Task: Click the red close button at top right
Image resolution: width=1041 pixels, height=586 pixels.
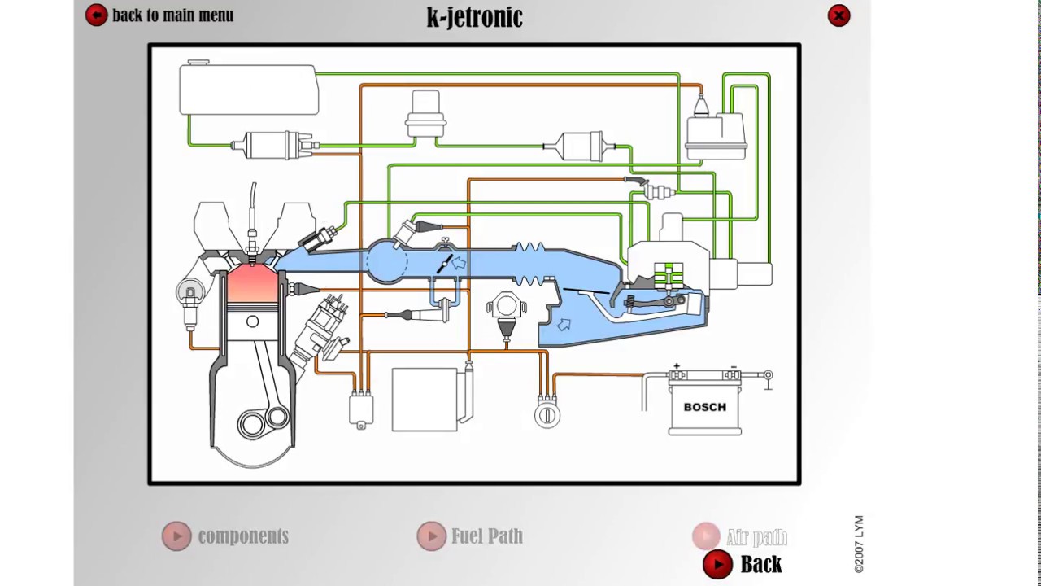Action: [x=838, y=15]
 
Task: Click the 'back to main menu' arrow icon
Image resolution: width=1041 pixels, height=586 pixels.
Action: [x=96, y=15]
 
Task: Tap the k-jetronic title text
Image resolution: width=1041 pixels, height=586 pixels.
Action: [x=474, y=16]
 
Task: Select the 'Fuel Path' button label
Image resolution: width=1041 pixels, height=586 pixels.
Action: [x=486, y=536]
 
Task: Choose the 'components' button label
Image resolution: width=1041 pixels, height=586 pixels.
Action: [x=242, y=536]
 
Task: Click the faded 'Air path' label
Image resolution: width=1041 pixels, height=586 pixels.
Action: [x=756, y=537]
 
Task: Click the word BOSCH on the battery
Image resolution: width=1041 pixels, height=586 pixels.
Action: [x=704, y=407]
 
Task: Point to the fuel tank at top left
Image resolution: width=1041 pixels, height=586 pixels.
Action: [x=248, y=90]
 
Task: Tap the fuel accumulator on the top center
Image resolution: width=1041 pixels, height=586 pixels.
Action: [x=425, y=114]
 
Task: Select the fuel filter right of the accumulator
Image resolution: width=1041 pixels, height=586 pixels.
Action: [x=579, y=146]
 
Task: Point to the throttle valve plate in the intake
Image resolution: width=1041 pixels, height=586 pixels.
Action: [x=445, y=264]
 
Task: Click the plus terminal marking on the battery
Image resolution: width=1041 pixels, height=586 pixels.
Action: [x=676, y=367]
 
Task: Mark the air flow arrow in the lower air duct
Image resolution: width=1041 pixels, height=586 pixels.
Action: [x=564, y=325]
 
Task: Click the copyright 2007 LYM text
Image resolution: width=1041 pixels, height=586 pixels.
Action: [x=859, y=544]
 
